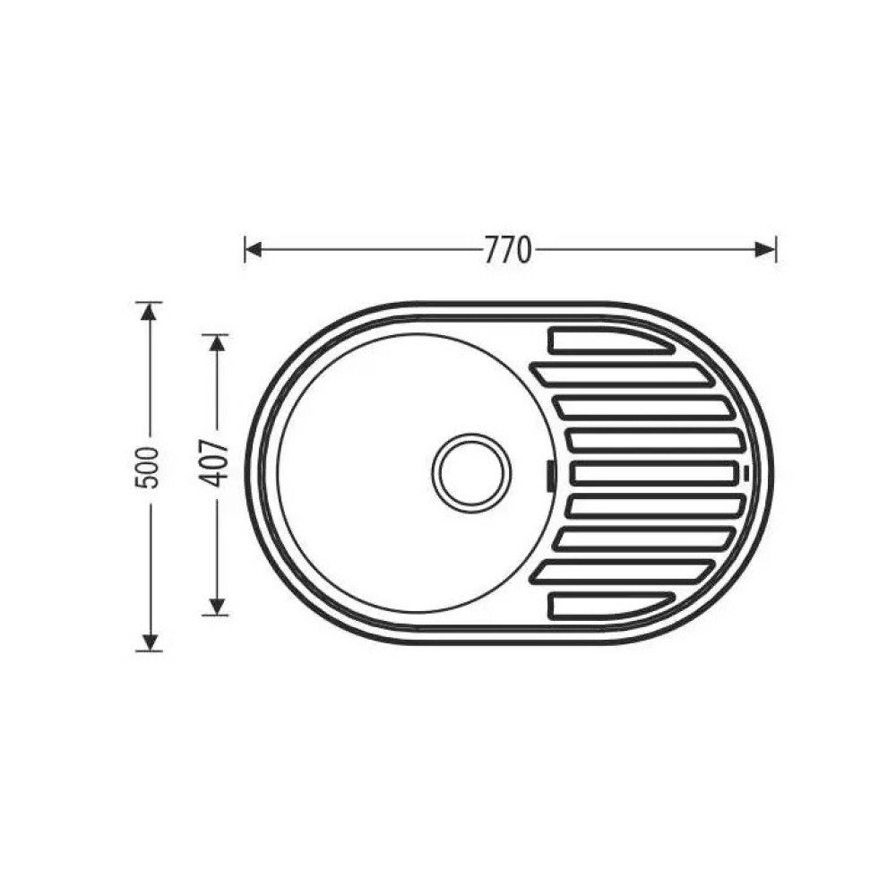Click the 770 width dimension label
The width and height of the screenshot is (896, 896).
pos(508,250)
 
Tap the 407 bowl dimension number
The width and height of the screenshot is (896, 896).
pos(216,463)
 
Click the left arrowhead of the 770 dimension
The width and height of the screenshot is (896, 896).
pos(254,250)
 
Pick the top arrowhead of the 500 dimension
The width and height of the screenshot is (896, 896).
pos(149,312)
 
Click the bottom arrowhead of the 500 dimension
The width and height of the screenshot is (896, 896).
pos(149,642)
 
